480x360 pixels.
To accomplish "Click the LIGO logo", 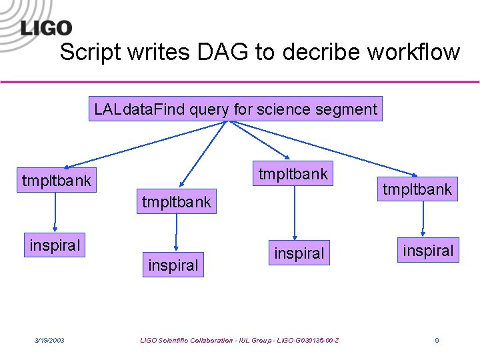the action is coord(45,27).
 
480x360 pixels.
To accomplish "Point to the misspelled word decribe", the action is coord(303,52).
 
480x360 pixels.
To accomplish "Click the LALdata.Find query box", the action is coord(235,109).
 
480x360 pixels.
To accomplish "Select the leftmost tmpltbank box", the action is coord(57,180).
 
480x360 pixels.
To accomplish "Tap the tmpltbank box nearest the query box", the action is coord(293,173).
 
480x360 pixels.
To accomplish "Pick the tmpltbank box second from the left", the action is coord(176,201).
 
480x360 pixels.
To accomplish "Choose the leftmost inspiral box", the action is coord(55,245).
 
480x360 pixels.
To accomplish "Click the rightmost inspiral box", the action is coord(429,251).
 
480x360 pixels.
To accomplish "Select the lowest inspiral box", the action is coord(173,265).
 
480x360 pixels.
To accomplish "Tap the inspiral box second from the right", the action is coord(299,253).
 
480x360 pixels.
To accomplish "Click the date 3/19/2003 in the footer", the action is coord(49,341).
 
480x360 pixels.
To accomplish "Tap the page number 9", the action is coord(437,341).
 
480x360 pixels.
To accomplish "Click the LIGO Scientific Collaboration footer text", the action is coord(239,341).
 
